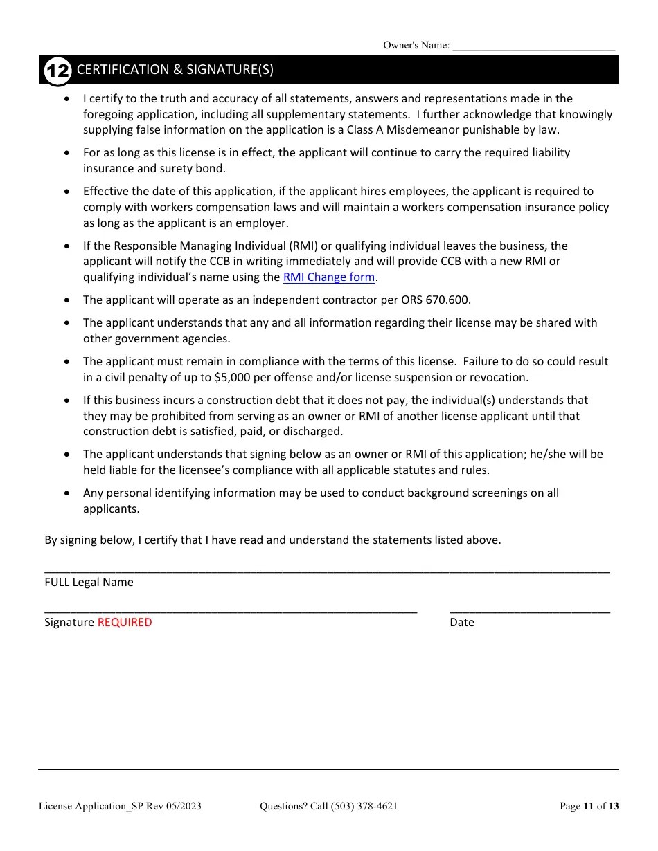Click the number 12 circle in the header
point(57,71)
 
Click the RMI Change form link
point(329,277)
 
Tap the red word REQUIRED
point(125,622)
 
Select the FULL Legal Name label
point(89,583)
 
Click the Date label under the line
point(462,623)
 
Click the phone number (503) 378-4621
point(364,806)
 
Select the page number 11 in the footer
point(589,806)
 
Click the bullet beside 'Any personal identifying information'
point(66,493)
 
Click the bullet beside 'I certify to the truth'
point(66,99)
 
